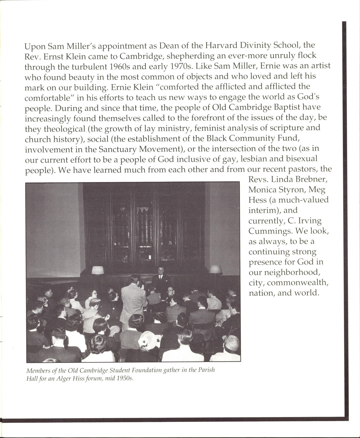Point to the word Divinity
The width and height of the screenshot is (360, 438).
261,46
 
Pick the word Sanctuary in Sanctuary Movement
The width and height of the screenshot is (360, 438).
117,149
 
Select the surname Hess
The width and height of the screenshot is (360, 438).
258,200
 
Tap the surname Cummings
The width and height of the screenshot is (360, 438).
270,231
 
